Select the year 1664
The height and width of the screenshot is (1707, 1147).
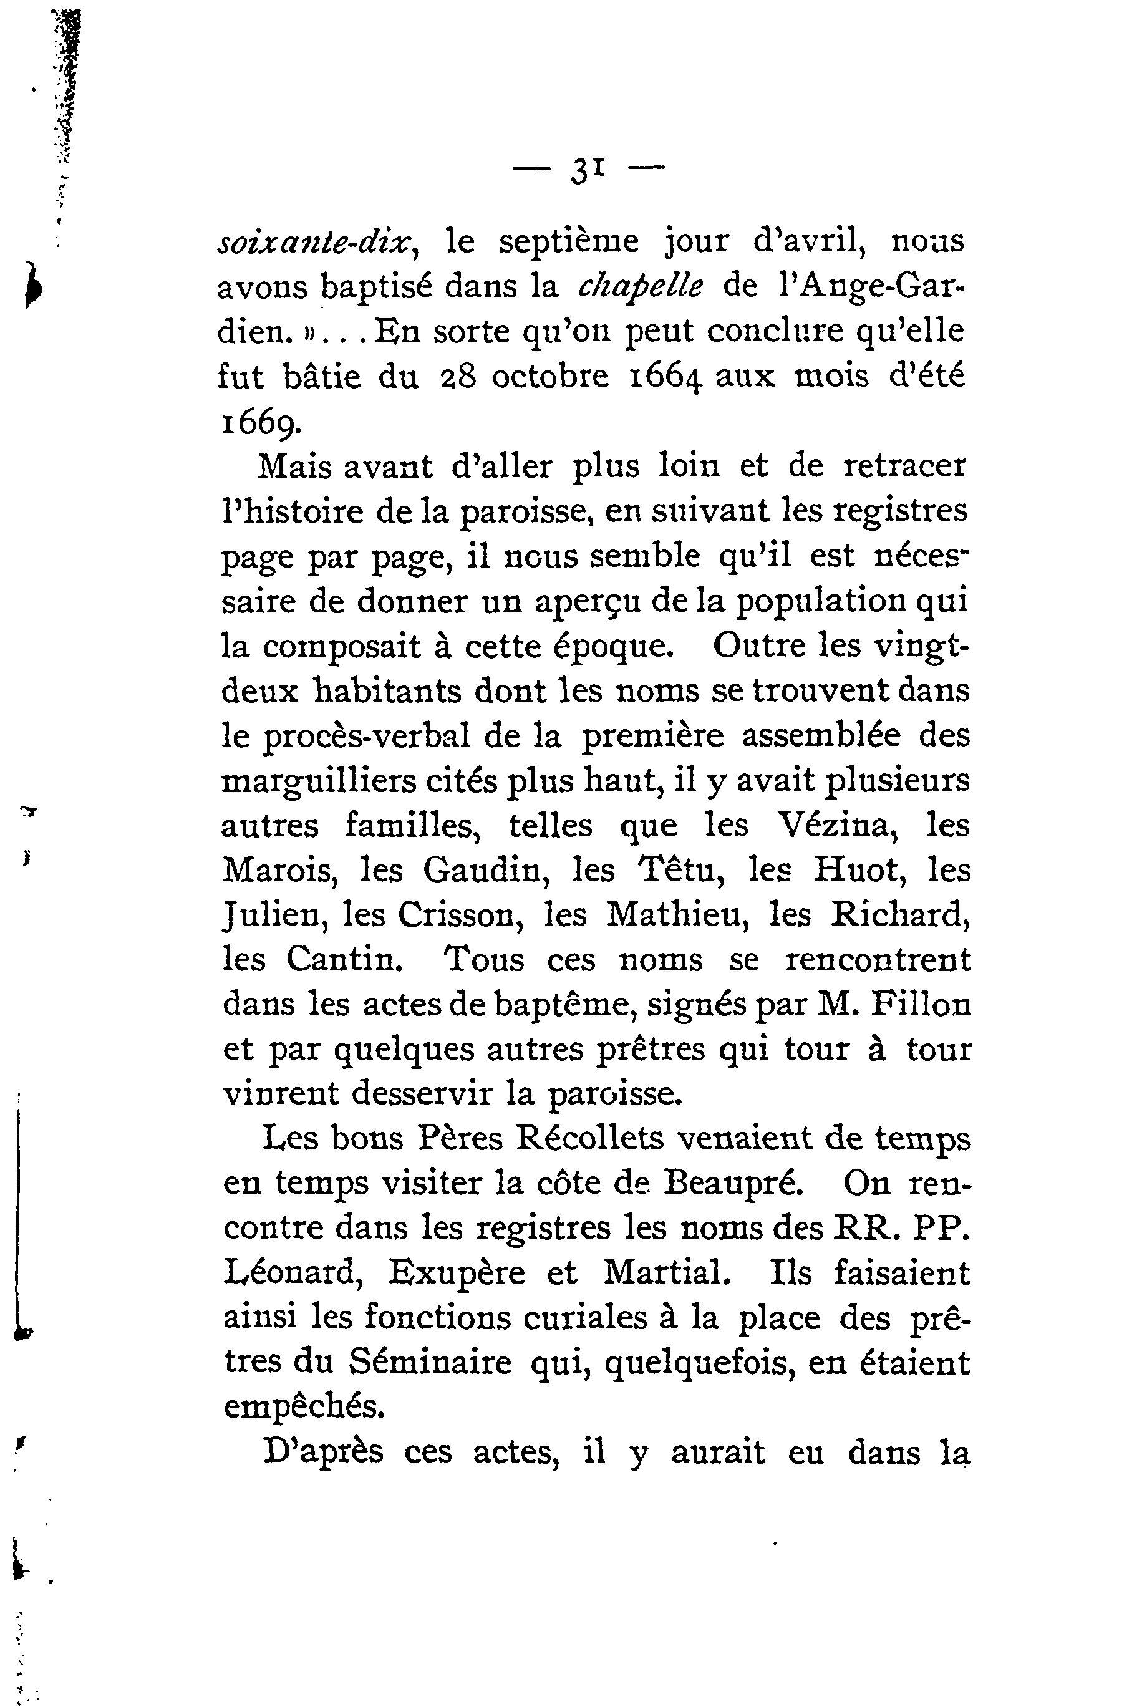pos(665,377)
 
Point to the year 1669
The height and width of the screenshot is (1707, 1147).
pos(258,423)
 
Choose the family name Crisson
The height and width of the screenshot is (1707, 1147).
pos(460,915)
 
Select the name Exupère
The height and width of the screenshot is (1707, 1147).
pos(457,1274)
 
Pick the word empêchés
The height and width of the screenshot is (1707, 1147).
pos(304,1408)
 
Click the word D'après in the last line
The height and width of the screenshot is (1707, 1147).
pos(322,1453)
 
